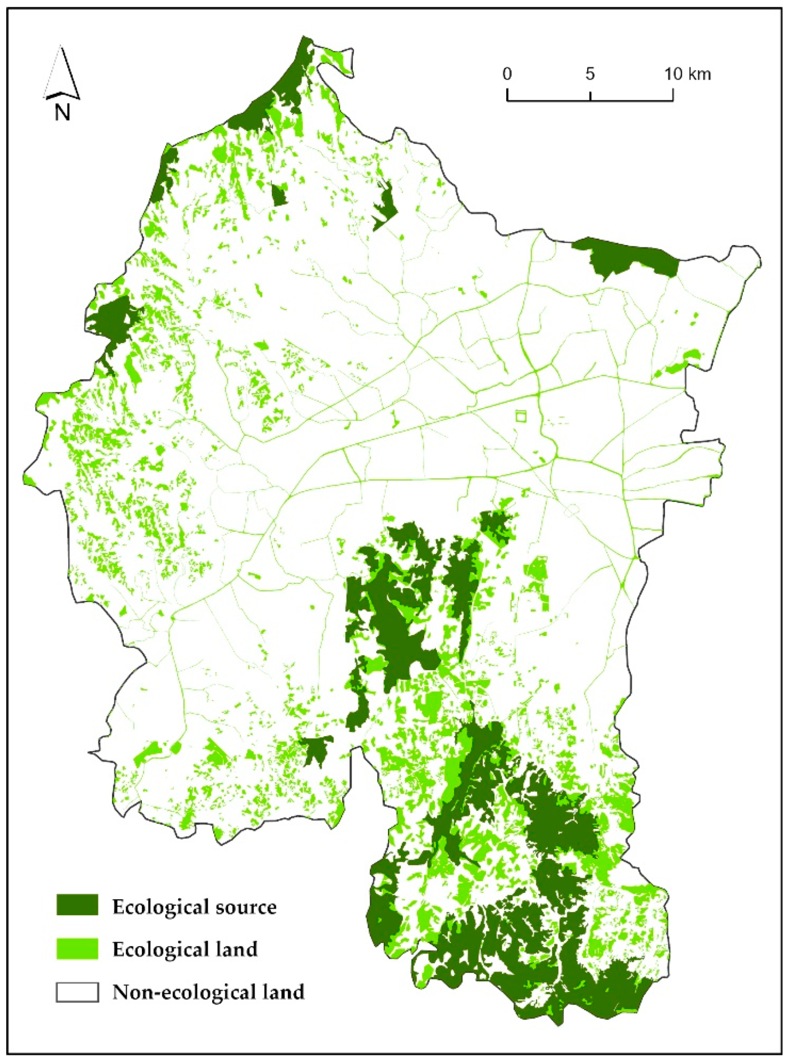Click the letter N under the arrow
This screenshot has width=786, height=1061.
click(62, 113)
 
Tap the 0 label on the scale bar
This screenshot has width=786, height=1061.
click(507, 74)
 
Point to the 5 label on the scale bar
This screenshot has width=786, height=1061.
click(590, 74)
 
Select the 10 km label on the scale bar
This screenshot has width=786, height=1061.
click(687, 74)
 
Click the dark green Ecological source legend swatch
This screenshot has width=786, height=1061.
click(77, 905)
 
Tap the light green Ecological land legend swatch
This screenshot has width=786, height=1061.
click(77, 948)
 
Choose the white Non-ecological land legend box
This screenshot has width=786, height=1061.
click(77, 992)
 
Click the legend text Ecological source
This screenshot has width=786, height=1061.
click(194, 907)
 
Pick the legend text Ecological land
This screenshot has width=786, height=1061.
click(185, 949)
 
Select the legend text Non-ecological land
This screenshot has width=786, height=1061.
click(208, 992)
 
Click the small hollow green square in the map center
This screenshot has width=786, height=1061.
click(521, 416)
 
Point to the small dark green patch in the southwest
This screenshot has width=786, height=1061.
click(315, 749)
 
